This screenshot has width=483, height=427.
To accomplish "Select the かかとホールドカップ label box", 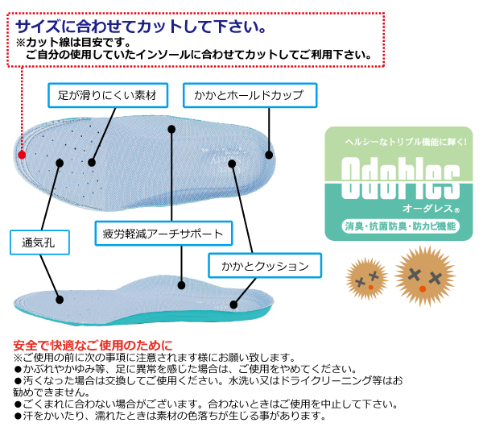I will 249,95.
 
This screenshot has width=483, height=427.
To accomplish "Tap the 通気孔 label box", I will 40,241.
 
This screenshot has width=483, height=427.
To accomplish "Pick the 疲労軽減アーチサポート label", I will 163,234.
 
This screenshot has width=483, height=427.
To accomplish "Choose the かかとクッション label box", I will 264,265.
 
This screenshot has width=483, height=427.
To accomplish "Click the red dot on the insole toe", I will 22,153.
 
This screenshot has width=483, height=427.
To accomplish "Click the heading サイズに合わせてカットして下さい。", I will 141,27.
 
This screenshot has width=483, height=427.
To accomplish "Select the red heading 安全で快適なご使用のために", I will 93,346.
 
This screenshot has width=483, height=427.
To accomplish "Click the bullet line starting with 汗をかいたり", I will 169,416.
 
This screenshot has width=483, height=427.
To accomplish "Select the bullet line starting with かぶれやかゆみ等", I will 185,369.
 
